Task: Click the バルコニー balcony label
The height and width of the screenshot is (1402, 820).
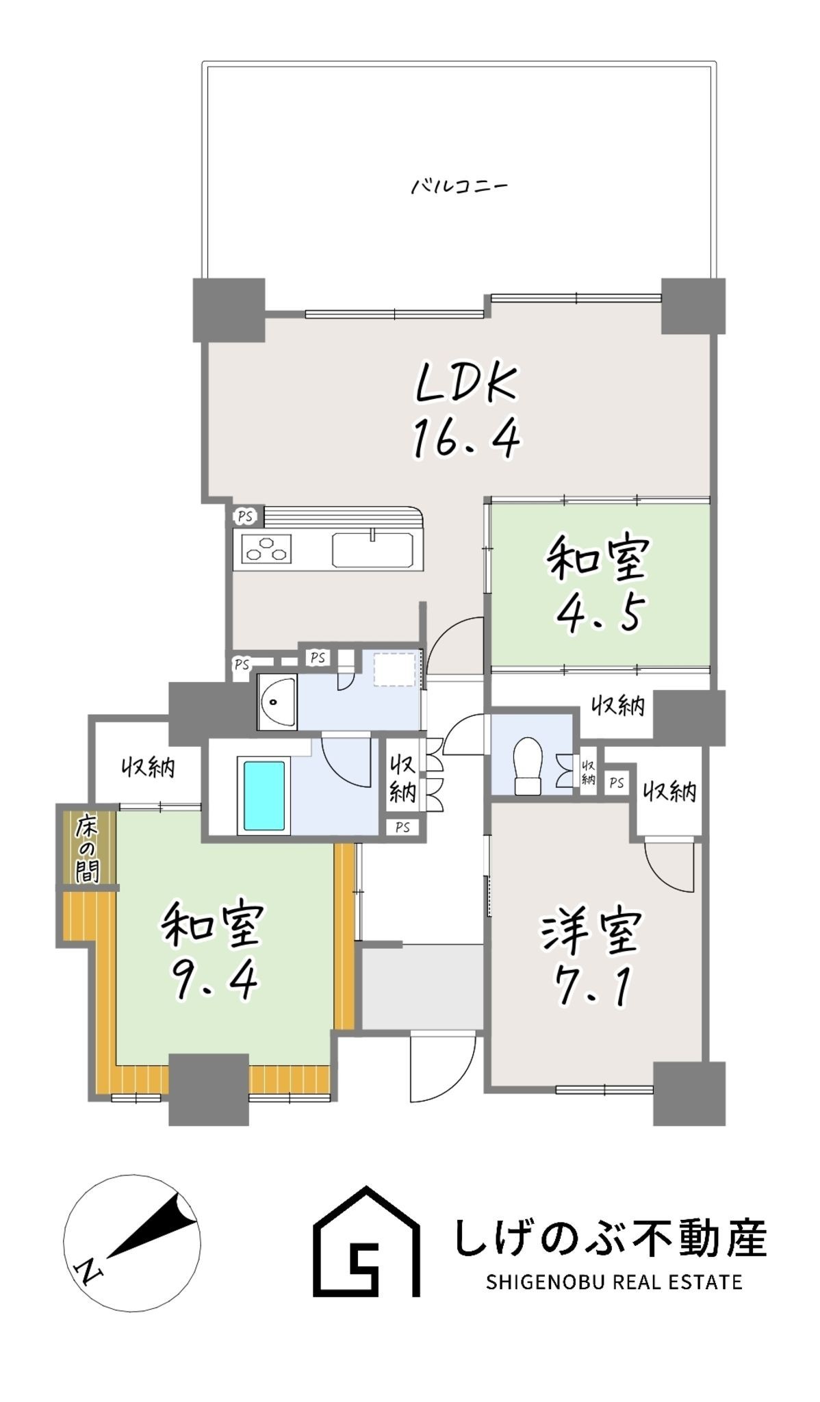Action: (x=459, y=186)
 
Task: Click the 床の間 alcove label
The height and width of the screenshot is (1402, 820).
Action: (x=87, y=848)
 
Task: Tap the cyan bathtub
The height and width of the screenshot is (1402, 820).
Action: (x=264, y=795)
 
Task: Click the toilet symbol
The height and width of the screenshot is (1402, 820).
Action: (x=528, y=766)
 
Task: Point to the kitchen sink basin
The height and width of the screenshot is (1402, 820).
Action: (x=372, y=550)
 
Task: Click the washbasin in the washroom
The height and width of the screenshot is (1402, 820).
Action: (x=277, y=702)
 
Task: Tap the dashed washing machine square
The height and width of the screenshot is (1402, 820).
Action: (x=394, y=670)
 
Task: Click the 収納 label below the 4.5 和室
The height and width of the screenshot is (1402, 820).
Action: (x=618, y=706)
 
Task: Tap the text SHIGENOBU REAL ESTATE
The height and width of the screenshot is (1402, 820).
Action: (x=614, y=1282)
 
